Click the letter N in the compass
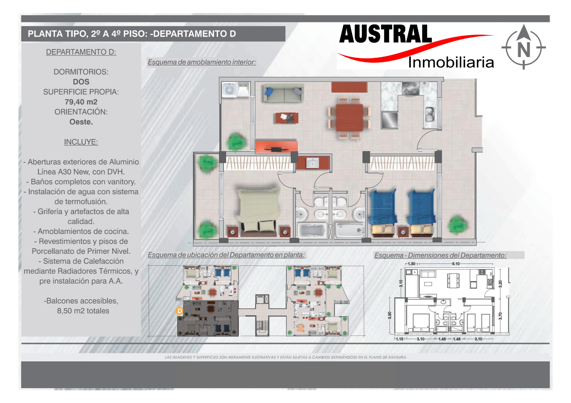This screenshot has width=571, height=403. (523, 50)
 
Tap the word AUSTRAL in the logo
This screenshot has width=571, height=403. (386, 34)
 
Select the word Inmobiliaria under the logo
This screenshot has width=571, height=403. (451, 62)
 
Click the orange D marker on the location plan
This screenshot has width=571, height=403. (179, 311)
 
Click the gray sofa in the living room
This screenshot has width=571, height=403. (283, 93)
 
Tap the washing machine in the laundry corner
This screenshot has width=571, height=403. (229, 90)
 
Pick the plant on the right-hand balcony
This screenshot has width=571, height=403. (457, 225)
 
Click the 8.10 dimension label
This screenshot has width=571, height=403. (455, 264)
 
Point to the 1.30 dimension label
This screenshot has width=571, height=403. (412, 264)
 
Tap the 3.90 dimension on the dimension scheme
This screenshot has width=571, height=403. (390, 315)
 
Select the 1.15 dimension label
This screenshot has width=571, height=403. (399, 339)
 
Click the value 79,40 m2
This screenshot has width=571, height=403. (81, 102)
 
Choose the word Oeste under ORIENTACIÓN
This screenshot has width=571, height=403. (81, 122)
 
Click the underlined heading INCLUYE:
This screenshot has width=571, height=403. (81, 142)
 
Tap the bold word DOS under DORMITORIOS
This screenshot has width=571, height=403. (81, 82)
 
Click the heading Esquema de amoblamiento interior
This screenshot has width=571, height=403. (202, 62)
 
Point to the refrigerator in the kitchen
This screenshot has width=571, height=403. (389, 120)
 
